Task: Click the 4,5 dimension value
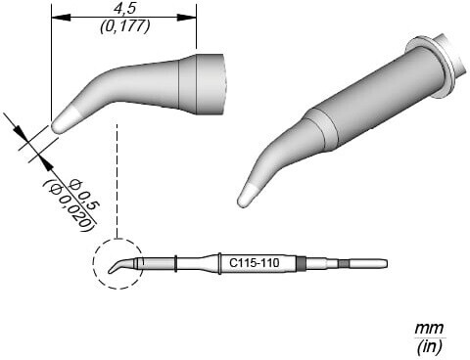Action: (124, 9)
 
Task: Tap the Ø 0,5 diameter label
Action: (84, 194)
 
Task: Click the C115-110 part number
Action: (254, 262)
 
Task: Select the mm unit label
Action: (429, 327)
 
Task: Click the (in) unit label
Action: (429, 346)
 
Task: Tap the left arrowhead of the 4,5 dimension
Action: (61, 18)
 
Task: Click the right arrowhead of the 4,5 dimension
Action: (187, 18)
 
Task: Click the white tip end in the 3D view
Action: (247, 196)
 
